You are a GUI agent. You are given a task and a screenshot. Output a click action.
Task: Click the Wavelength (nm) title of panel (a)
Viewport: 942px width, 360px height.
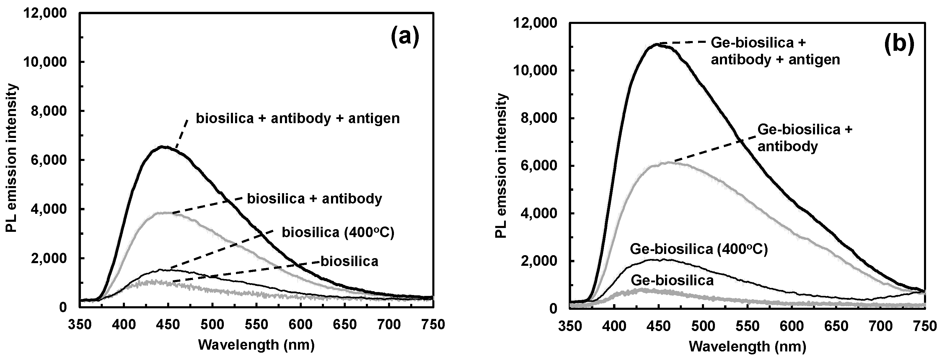[x=256, y=345]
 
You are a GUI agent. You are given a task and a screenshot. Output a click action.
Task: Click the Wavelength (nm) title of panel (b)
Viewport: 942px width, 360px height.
[x=747, y=346]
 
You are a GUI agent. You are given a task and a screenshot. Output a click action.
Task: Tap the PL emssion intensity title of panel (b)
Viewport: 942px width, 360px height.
[x=502, y=166]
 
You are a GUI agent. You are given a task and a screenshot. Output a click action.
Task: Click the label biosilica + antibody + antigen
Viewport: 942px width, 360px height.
[x=298, y=118]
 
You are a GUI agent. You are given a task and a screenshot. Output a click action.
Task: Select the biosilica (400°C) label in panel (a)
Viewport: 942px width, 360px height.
[x=338, y=232]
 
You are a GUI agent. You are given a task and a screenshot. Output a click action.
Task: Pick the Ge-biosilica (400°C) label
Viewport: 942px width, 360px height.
[x=699, y=250]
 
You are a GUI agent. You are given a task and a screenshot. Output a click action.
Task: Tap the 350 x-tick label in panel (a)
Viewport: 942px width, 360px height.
[x=80, y=325]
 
